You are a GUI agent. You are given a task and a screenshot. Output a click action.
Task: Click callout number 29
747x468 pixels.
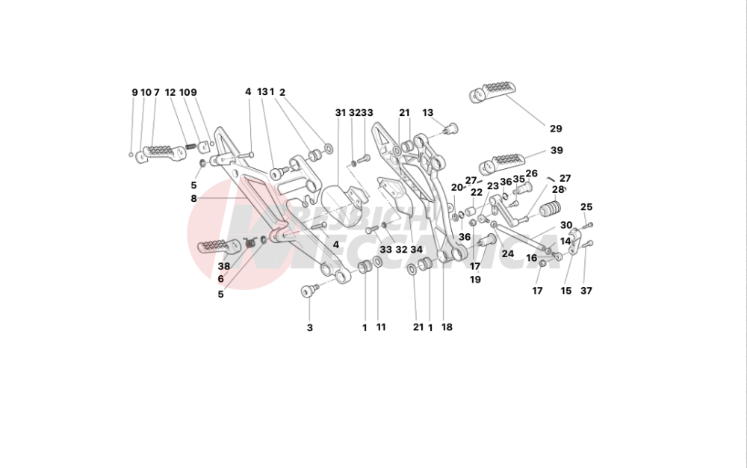[x=556, y=129]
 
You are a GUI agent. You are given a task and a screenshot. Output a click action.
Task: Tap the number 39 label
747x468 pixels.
[x=556, y=150]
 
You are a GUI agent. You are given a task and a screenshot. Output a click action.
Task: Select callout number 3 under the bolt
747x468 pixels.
[x=310, y=327]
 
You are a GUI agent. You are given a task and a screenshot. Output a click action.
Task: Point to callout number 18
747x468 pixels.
[x=447, y=327]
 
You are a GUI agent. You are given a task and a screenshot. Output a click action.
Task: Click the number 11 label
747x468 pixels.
[x=381, y=327]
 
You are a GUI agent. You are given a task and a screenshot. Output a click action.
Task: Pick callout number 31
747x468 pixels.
[x=341, y=113]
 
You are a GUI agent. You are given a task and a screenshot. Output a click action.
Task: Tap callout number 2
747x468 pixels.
[x=282, y=93]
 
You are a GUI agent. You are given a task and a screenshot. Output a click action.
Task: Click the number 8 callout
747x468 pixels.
[x=193, y=199]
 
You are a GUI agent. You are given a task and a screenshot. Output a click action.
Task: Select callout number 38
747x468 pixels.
[x=224, y=265]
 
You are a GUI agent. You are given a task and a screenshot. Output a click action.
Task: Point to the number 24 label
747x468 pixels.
[x=508, y=254]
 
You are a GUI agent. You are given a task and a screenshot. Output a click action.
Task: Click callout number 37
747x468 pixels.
[x=586, y=291]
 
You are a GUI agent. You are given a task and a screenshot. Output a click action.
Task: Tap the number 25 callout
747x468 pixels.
[x=586, y=207]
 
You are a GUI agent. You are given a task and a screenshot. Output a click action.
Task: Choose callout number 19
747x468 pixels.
[x=475, y=279]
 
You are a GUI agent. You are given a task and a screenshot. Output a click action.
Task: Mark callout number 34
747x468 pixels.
[x=416, y=250]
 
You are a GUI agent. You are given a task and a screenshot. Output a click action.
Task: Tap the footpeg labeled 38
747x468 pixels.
[x=214, y=246]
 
